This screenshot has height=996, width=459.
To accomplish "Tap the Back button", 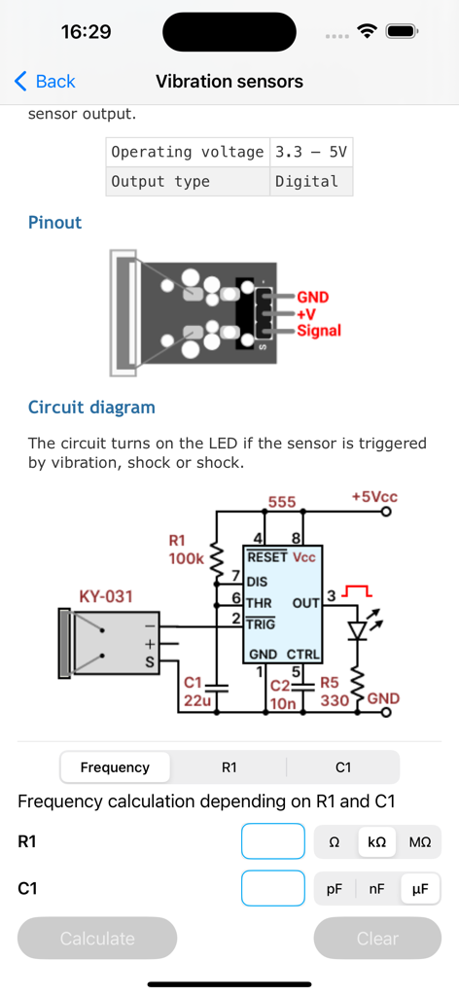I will point(45,82).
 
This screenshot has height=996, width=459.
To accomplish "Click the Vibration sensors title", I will point(229,82).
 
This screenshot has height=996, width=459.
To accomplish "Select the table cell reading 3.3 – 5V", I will point(310,152).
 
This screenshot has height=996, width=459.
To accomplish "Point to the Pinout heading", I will point(54,223).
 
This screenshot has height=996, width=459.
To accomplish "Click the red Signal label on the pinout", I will point(319,331).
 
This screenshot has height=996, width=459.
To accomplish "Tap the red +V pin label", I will point(307,314).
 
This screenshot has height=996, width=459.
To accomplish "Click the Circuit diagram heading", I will point(91,408).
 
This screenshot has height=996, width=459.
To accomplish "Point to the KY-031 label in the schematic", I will point(105,595).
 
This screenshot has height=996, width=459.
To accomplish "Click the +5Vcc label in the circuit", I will point(374,497).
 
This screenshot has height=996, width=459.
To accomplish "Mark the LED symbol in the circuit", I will point(358,629).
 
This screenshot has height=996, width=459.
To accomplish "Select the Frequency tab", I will point(115,767).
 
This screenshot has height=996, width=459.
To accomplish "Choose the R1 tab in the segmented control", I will point(229,767).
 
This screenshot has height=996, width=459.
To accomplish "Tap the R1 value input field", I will point(272,841).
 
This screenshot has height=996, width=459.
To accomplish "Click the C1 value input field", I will point(272,888).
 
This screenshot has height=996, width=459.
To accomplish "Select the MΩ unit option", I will point(420,842).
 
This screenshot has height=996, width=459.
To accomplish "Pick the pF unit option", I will point(335,889).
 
